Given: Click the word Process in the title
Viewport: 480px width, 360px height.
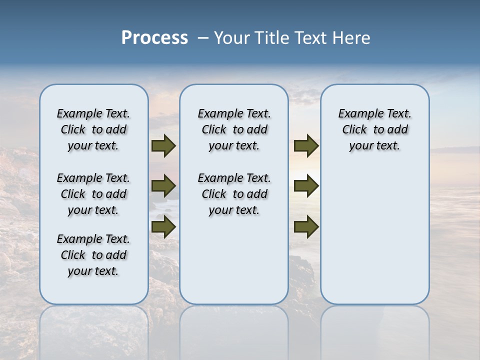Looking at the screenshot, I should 154,37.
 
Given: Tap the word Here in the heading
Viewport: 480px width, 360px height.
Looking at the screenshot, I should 351,38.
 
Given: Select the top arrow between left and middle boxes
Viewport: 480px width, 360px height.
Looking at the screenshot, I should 163,145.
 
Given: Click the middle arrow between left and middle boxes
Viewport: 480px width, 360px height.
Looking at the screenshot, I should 163,186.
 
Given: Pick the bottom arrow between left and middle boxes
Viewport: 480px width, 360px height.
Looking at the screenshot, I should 163,226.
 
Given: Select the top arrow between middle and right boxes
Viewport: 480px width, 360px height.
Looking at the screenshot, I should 306,145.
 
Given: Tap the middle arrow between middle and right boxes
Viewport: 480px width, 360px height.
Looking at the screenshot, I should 306,186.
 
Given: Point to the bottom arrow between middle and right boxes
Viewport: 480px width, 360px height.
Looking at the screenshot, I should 306,227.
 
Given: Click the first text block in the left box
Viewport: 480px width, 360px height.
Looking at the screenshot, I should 93,129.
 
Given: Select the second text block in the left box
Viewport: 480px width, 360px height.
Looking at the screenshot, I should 93,194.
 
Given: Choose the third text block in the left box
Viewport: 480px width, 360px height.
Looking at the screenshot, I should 93,255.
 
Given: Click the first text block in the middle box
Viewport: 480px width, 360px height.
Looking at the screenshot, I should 234,129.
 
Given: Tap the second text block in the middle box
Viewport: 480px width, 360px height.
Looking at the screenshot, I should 234,194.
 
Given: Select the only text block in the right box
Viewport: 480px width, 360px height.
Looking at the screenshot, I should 374,129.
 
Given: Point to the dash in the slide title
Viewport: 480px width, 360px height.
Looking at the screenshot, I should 203,38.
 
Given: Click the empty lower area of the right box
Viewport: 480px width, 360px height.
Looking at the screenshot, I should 374,235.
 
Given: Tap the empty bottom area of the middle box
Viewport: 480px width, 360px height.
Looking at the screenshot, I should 234,265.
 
